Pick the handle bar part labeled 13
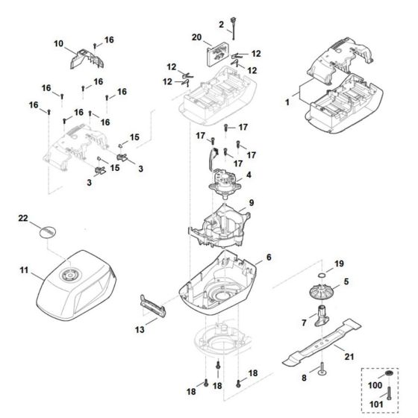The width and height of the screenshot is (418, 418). pyautogui.click(x=153, y=305)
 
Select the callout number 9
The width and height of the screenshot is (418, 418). pyautogui.click(x=252, y=202)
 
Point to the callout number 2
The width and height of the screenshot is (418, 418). pyautogui.click(x=221, y=25)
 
